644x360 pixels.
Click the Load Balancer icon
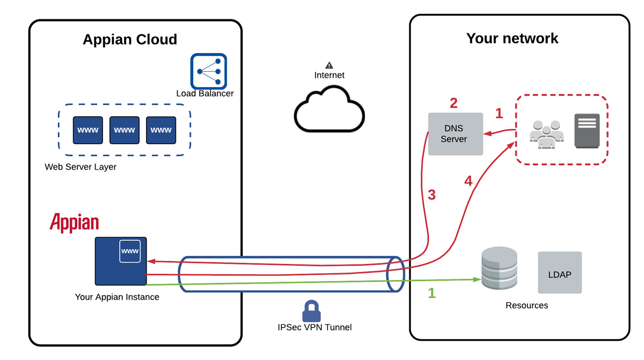coord(209,71)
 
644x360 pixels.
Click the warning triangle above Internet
coord(329,65)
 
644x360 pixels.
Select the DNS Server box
coord(456,134)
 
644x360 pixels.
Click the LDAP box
coord(560,273)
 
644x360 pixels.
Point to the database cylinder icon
coord(500,268)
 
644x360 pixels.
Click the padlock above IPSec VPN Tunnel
coord(311,311)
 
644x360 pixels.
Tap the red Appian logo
coord(74,223)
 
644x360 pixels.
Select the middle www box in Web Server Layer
coord(125,130)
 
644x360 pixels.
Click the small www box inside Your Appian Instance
coord(130,252)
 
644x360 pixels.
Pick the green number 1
coord(432,293)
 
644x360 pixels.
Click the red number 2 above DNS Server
coord(453,103)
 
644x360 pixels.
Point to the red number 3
coord(431,195)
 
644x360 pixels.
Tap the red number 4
coord(469,181)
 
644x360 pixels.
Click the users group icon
coord(546,134)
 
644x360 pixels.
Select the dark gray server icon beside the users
coord(587,131)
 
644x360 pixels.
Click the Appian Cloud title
coord(130,39)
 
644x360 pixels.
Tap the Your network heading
coord(513,38)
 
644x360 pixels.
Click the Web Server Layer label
coord(80,167)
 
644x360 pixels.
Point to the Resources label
coord(527,305)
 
